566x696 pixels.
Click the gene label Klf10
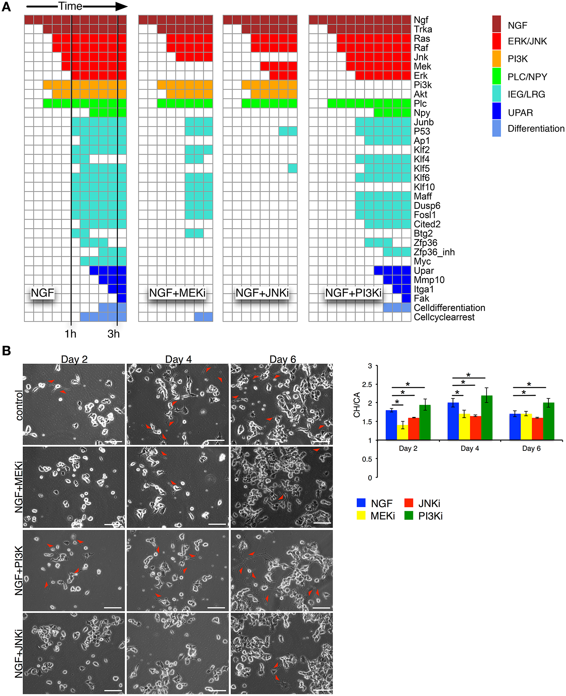coord(424,187)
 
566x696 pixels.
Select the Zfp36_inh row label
coord(434,252)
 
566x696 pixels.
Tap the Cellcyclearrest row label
coord(444,317)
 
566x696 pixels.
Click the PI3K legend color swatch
coord(496,58)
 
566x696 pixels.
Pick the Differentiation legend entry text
coord(536,129)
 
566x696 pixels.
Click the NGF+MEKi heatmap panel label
coord(177,293)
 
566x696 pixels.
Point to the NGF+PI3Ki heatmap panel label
coord(353,293)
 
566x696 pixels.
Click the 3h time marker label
coord(113,334)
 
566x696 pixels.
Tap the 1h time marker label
coord(70,334)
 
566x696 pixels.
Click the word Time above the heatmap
coord(70,6)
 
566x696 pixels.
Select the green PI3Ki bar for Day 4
coord(487,418)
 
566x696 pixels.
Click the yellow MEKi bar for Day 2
coord(403,432)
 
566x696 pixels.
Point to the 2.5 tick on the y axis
coord(367,384)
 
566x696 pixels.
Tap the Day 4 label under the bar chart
coord(470,448)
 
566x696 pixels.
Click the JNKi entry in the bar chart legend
coord(429,503)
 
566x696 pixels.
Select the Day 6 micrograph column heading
coord(282,359)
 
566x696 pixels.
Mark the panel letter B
coord(6,351)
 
